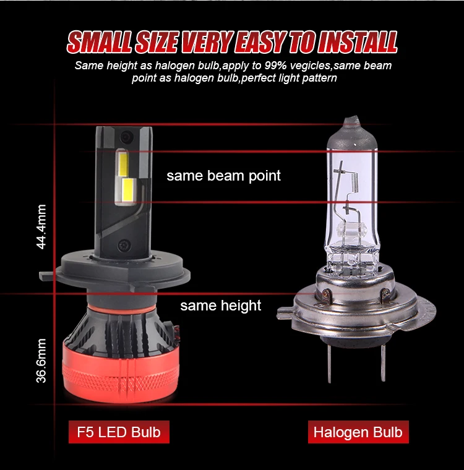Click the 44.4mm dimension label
point(41,226)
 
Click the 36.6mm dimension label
point(41,361)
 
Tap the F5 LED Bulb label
point(119,432)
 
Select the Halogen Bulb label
point(358,432)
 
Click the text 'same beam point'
point(223,176)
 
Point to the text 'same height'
point(220,305)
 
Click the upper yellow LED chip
point(123,164)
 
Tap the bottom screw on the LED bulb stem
point(124,246)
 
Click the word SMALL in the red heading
point(99,42)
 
